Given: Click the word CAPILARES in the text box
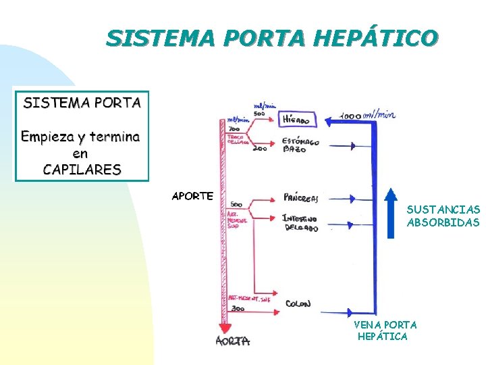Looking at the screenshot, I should coord(82,169).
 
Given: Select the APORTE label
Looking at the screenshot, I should coord(192,196).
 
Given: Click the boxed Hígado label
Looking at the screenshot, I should coord(296,120).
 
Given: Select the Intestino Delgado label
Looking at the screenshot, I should coord(300,224).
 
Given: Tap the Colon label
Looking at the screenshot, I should coord(298,304).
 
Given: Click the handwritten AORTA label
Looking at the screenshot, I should coord(233,341).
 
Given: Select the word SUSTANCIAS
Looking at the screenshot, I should coord(443,210).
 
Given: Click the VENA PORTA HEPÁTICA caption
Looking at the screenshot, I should coord(385,331).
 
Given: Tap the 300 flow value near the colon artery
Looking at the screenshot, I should coord(238,308).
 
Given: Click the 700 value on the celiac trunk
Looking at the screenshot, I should coord(234,128).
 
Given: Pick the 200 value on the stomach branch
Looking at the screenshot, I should coord(260,149).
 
